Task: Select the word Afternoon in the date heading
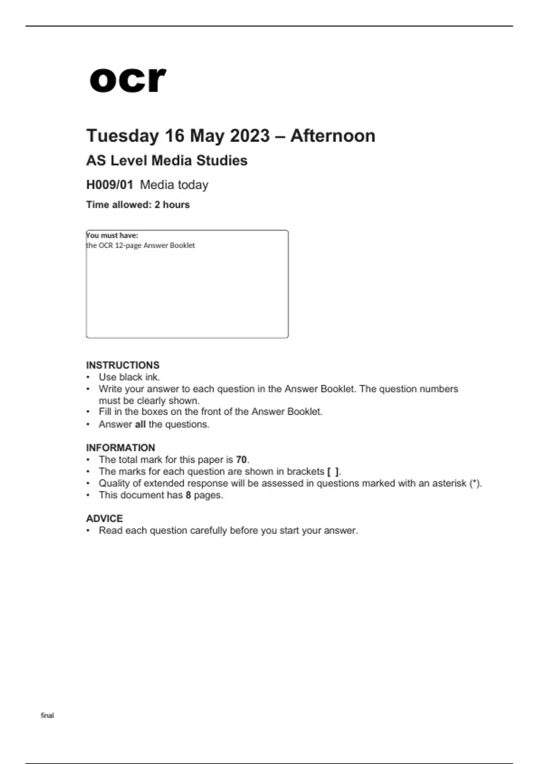click(x=333, y=136)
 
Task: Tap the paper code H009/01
click(x=110, y=185)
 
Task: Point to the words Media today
click(x=174, y=185)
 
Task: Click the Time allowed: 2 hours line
click(x=138, y=204)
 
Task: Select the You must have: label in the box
click(x=112, y=235)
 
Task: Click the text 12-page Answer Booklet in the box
click(x=155, y=245)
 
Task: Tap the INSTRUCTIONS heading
click(x=123, y=365)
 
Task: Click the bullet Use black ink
click(x=129, y=377)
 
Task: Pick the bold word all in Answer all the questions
click(x=140, y=424)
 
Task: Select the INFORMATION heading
click(x=120, y=448)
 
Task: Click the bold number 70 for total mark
click(x=241, y=460)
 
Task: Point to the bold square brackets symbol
click(x=333, y=471)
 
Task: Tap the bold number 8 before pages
click(x=188, y=495)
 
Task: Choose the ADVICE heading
click(x=104, y=518)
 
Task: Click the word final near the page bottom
click(x=47, y=715)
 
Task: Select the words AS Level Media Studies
click(x=167, y=160)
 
